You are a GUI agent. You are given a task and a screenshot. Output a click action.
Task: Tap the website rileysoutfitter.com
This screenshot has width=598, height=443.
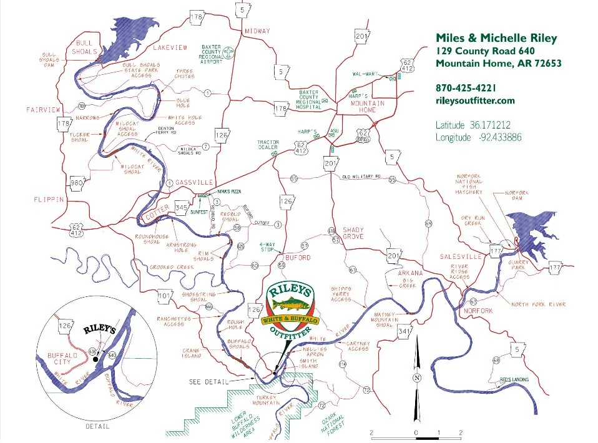475,100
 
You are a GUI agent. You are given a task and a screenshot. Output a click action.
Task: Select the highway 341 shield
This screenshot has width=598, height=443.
404,331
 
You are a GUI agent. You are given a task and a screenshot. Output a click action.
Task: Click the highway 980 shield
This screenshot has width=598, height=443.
77,183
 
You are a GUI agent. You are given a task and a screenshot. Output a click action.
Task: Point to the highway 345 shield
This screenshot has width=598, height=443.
182,206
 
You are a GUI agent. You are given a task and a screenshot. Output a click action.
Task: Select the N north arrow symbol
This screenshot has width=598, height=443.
416,378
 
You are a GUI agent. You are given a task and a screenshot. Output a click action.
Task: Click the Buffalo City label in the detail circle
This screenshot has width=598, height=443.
61,360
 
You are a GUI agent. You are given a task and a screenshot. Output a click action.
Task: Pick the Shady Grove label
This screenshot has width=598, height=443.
353,234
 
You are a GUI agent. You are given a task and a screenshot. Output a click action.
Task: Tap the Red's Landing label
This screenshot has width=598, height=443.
514,380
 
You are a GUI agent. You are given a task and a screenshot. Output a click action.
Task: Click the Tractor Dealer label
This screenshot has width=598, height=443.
268,146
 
